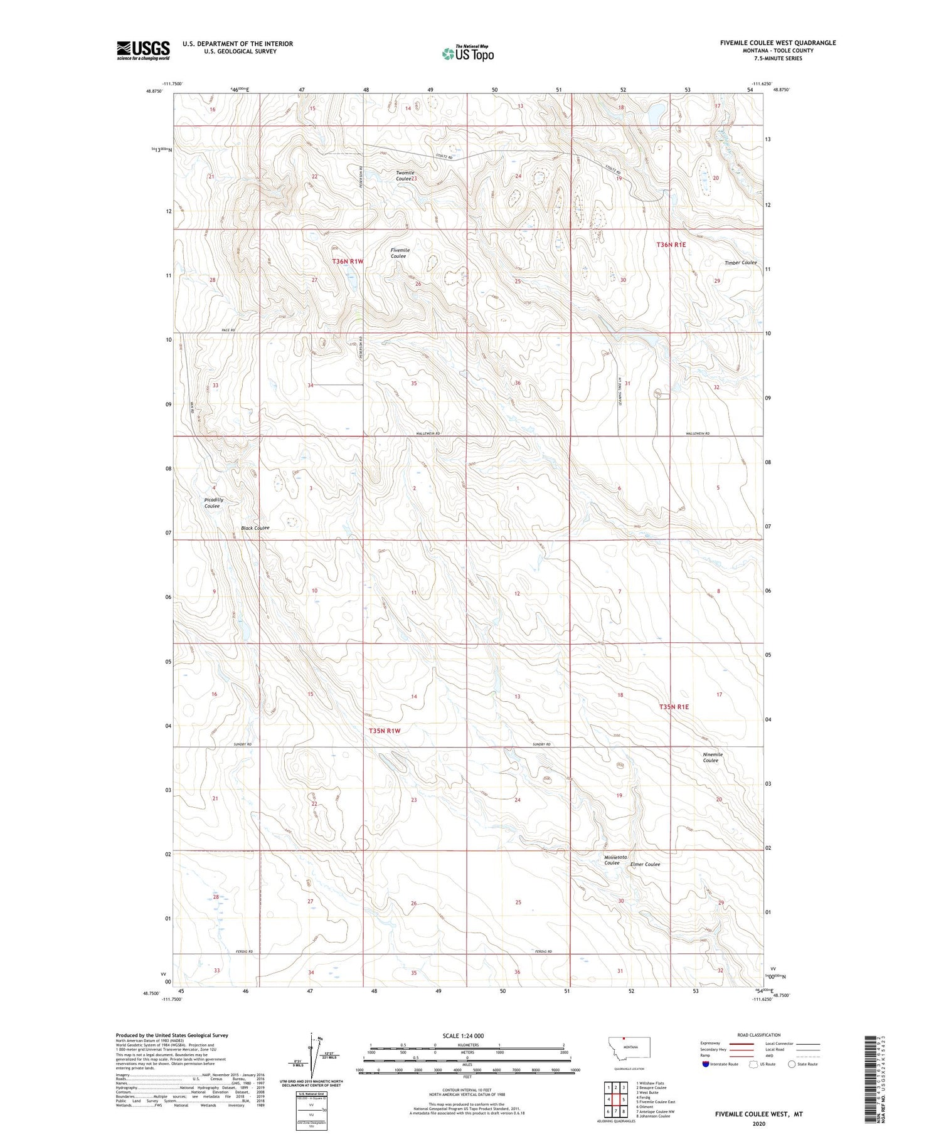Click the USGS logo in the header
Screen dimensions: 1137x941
pos(143,50)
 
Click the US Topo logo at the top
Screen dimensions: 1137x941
pos(467,53)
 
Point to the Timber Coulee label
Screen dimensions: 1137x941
pos(740,263)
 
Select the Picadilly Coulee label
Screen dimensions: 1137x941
pos(213,503)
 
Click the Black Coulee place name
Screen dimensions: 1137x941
pos(255,528)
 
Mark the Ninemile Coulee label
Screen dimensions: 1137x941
pos(712,758)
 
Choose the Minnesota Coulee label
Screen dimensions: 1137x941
pos(615,860)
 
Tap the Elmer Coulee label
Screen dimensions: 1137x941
pos(645,864)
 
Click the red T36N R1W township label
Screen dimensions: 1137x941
pos(348,261)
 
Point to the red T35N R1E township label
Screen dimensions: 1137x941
pos(674,707)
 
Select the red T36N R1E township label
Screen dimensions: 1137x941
pos(671,245)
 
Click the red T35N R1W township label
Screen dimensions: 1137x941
pos(384,731)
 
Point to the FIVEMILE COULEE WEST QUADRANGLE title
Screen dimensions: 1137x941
pos(778,43)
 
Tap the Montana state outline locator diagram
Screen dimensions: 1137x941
pos(629,1047)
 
